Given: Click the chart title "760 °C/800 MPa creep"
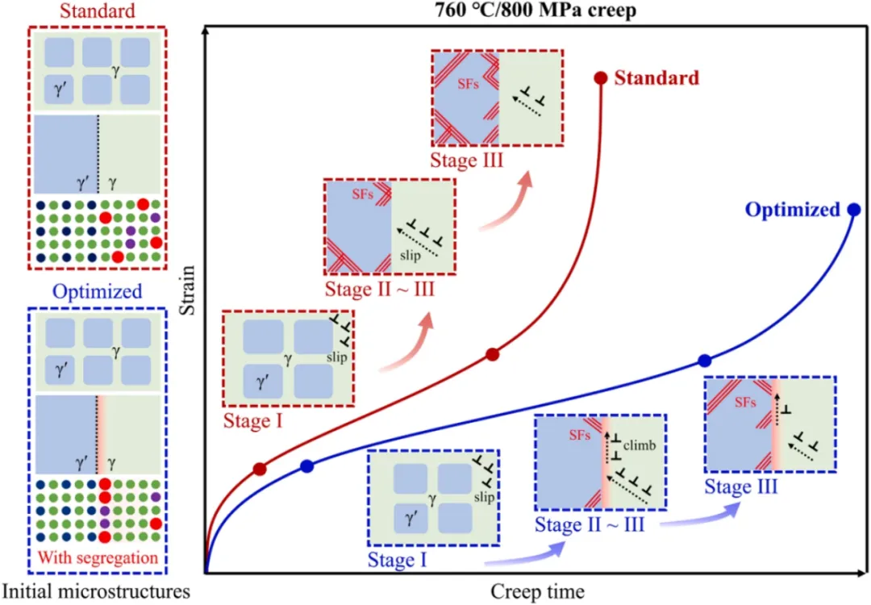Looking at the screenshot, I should pos(523,12).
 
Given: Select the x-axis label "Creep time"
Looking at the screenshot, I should pos(536,591).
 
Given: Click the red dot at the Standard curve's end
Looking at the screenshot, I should pos(600,78).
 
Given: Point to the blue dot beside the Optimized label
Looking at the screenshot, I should pos(854,210).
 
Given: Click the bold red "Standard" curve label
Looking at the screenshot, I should pos(656,78).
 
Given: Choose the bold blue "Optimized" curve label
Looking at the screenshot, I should pos(792,210).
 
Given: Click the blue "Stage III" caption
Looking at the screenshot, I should pos(740,486).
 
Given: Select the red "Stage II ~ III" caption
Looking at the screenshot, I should pos(379,288).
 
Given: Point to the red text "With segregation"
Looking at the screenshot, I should pos(98,557).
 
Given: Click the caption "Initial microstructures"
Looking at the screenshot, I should pos(95,591).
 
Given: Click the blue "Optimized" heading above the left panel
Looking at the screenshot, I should pos(97,291).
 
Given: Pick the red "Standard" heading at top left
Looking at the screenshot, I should pos(97,11).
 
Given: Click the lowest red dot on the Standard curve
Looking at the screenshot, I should pos(260,469).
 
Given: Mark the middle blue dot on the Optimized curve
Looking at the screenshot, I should pos(704,361).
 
